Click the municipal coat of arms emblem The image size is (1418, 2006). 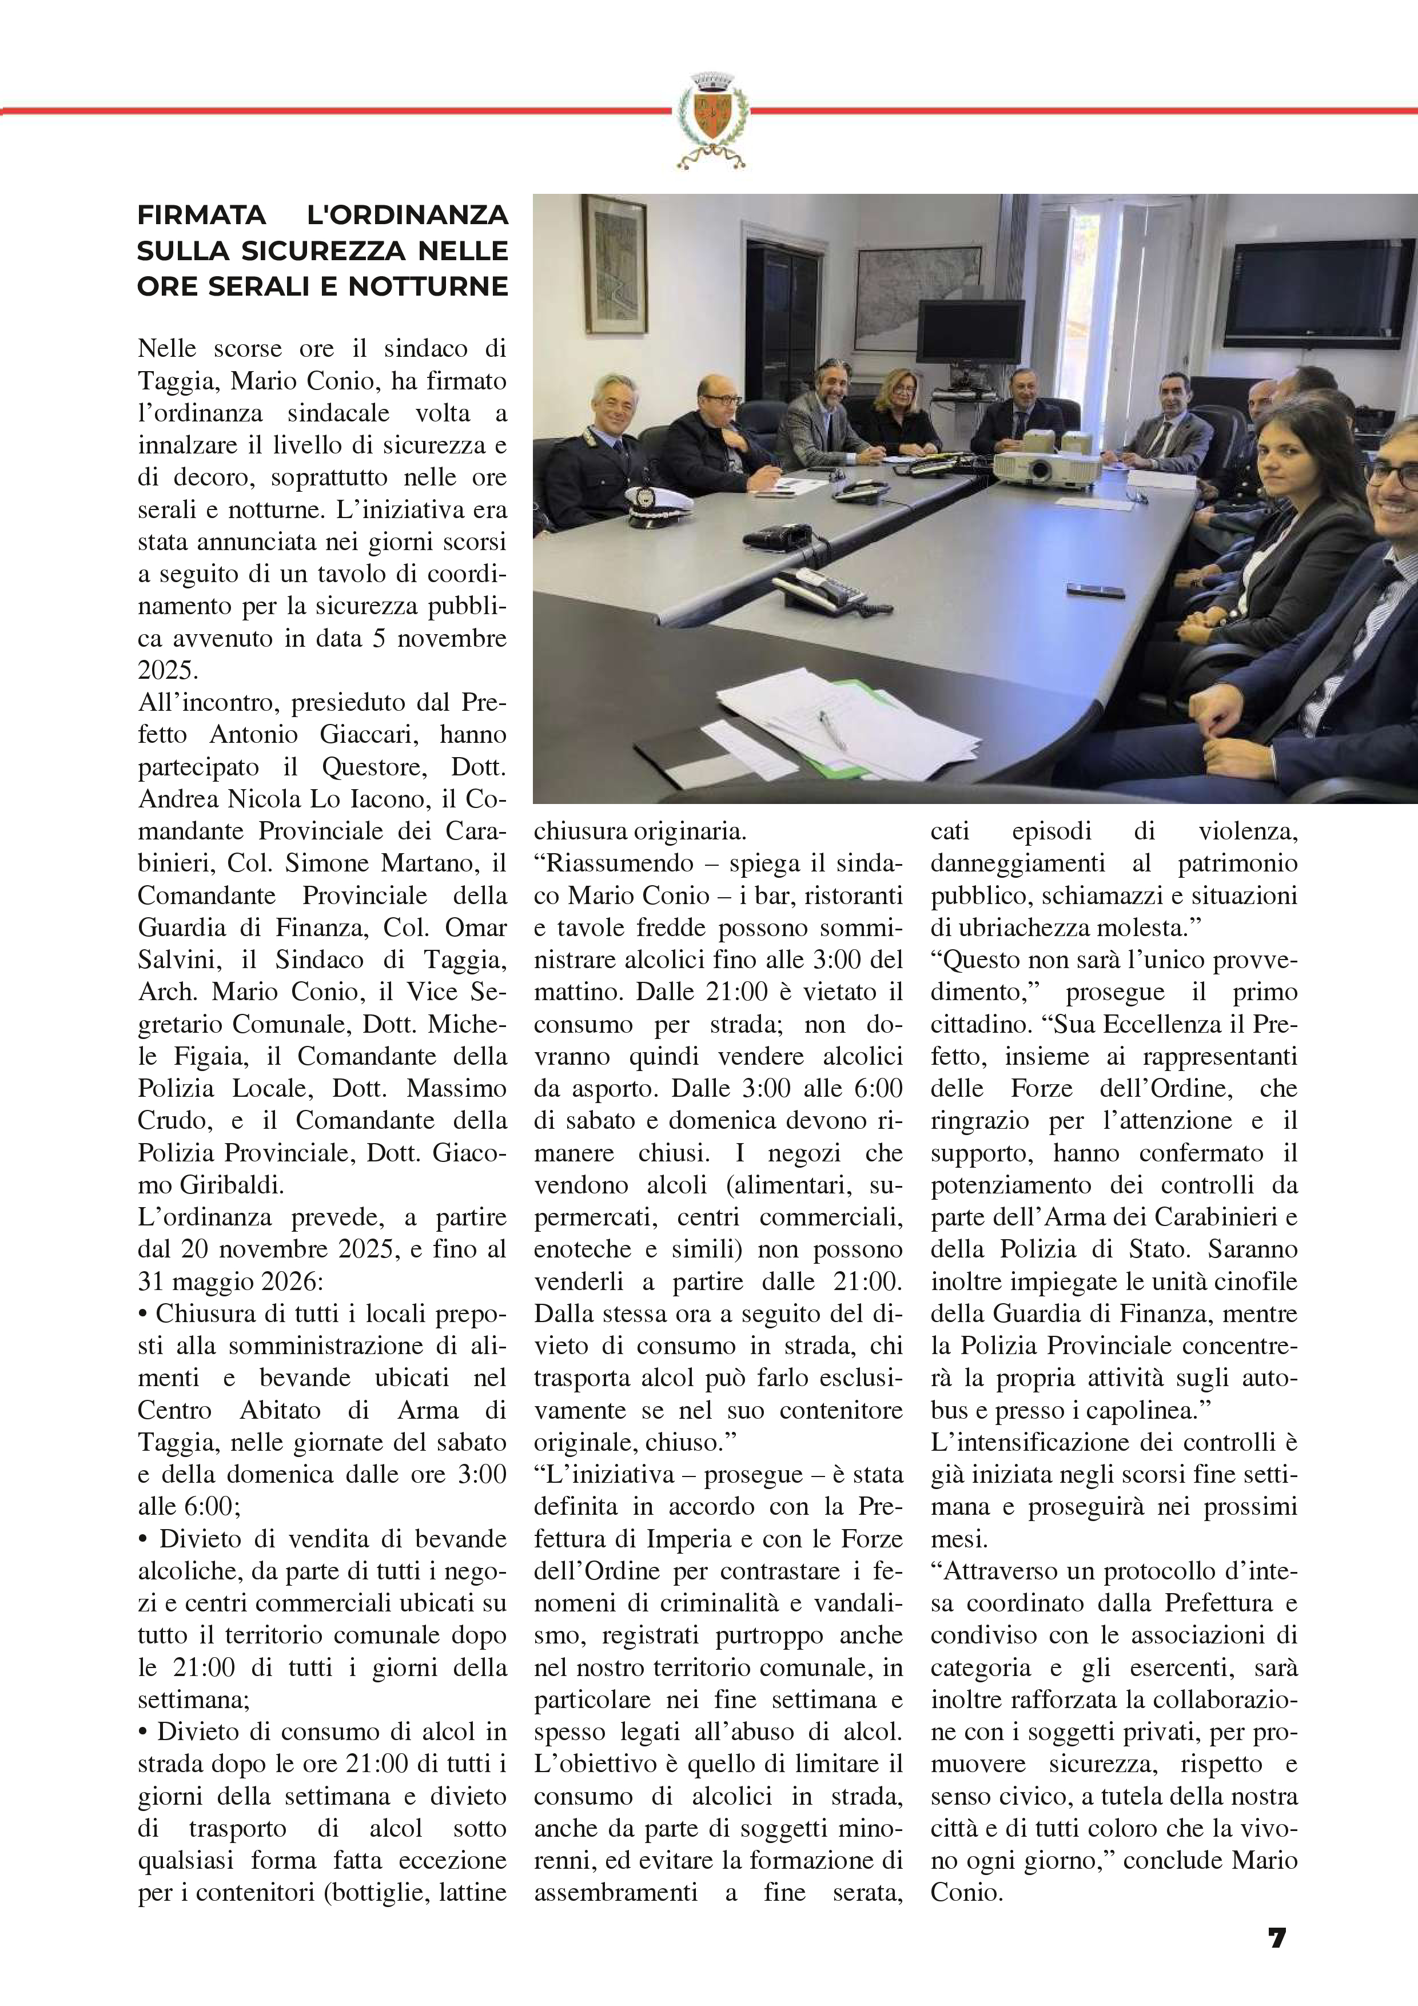click(x=710, y=120)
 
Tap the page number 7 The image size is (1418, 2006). click(x=1276, y=1938)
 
